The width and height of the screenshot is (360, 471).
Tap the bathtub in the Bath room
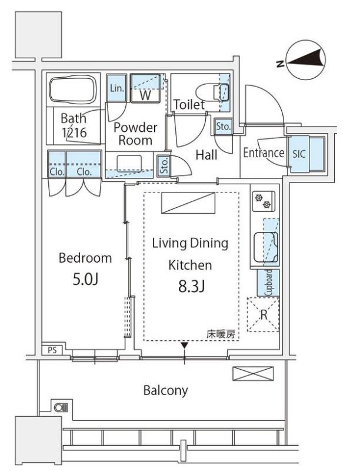[x=74, y=89]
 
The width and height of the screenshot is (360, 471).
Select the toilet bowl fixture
[x=212, y=92]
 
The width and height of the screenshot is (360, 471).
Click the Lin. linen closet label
[x=116, y=88]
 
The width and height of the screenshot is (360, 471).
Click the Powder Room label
[x=135, y=134]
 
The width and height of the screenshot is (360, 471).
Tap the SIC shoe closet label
[x=299, y=154]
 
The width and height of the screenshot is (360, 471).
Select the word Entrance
[x=264, y=152]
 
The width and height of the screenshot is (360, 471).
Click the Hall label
[x=206, y=155]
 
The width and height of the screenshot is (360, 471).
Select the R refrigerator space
[x=263, y=314]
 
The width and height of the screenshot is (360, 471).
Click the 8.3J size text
[x=191, y=287]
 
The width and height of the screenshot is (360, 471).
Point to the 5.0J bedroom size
[x=85, y=279]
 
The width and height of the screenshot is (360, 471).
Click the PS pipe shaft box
[x=52, y=350]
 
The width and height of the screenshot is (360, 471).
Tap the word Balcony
[x=166, y=390]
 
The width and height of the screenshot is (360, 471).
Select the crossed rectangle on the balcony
[x=253, y=374]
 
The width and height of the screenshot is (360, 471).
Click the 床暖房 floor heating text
[x=221, y=334]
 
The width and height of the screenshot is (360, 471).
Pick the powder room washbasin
[x=129, y=164]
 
